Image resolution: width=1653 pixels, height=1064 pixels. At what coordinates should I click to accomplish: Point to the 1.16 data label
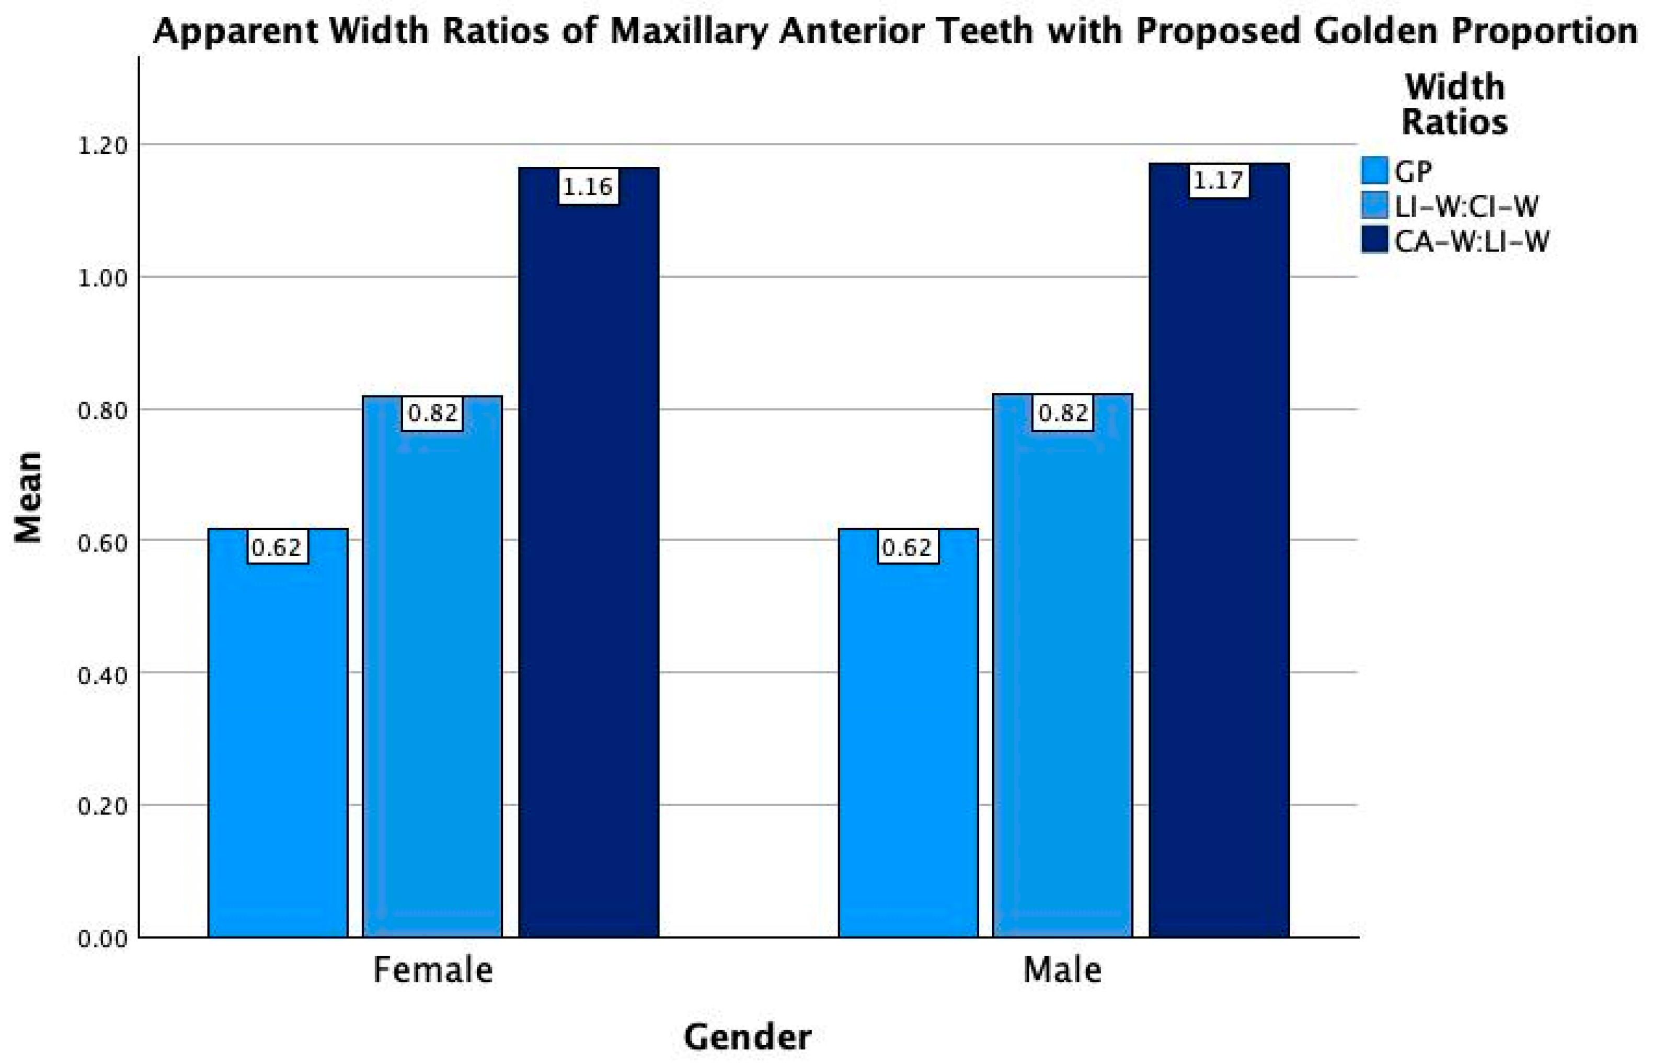(x=588, y=187)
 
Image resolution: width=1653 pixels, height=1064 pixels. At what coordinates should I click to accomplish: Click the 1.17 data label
(x=1219, y=181)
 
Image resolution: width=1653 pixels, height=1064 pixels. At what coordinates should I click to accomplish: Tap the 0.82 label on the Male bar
(x=1063, y=413)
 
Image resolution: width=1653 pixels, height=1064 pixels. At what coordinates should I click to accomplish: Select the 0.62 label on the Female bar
(x=278, y=547)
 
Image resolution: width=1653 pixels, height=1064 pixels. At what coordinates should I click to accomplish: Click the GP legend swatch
(x=1374, y=171)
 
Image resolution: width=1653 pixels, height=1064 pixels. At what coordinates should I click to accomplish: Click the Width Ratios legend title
(x=1454, y=105)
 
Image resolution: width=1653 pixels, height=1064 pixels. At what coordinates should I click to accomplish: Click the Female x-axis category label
(x=433, y=969)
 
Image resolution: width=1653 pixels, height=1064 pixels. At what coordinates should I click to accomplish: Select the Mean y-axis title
(x=29, y=497)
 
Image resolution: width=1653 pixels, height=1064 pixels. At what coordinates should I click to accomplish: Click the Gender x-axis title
(x=747, y=1037)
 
